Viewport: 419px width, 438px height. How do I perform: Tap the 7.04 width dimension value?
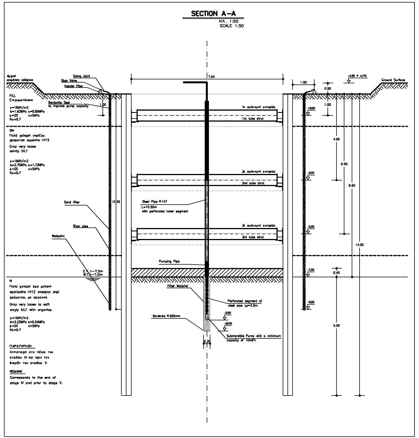[211, 77]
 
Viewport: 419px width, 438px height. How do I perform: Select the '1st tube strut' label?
[253, 119]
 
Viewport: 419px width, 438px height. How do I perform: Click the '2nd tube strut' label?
[253, 183]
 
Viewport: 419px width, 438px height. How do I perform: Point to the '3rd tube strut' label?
[253, 237]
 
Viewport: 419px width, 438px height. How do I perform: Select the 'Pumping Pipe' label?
[169, 262]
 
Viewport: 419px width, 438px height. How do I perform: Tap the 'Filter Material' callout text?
[177, 286]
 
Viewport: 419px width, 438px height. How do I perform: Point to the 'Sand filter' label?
[72, 202]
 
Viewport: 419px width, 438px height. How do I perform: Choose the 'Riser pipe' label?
[80, 226]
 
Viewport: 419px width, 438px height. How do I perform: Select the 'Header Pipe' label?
[73, 86]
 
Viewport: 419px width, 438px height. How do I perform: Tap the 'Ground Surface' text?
[393, 80]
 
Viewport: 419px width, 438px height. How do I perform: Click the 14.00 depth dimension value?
[360, 245]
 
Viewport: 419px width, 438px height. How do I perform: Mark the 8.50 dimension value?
[352, 186]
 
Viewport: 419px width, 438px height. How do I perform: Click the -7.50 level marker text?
[311, 270]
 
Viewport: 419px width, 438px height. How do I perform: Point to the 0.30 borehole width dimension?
[207, 341]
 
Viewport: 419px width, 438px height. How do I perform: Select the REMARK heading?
[16, 372]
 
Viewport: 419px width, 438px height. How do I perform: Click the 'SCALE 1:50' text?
[231, 26]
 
